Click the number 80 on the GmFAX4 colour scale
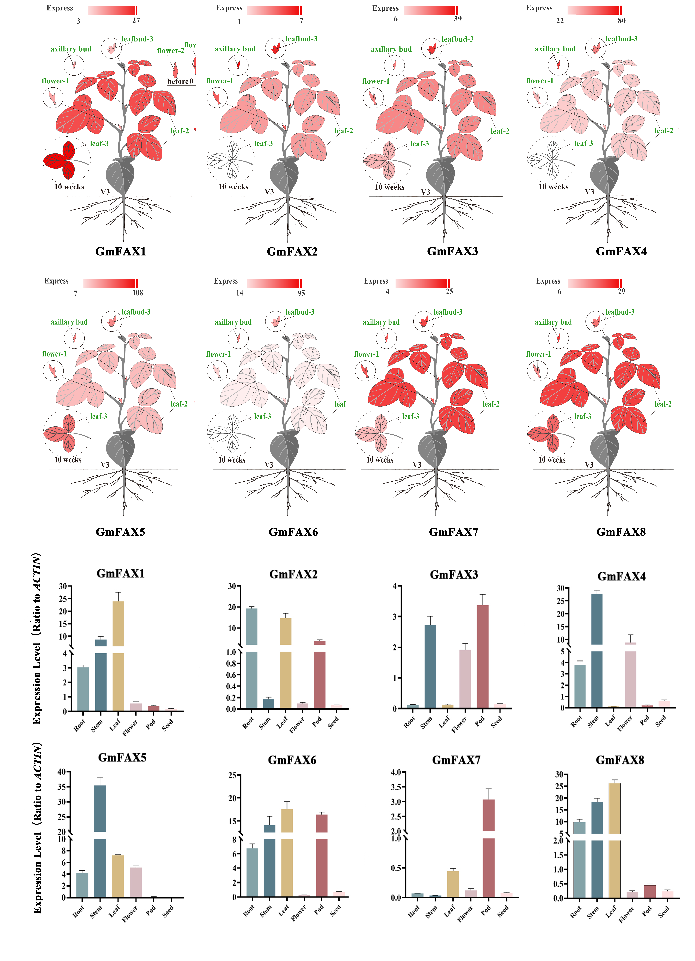click(x=621, y=20)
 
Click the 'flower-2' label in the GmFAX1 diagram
click(x=170, y=50)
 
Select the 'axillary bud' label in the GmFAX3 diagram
click(x=391, y=49)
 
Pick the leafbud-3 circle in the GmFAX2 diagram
click(x=275, y=48)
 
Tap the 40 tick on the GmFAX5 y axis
click(x=62, y=772)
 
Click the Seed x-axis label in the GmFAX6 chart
click(x=335, y=910)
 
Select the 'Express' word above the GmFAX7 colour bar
click(x=376, y=281)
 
